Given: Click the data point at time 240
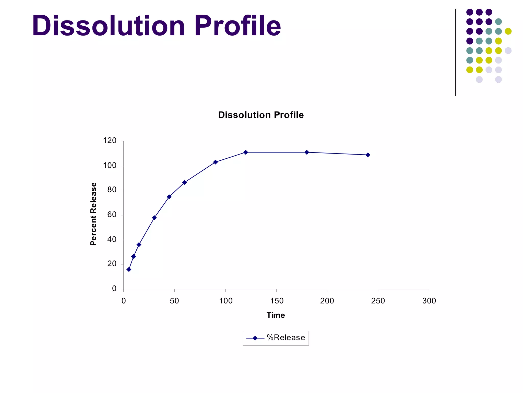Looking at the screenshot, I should [x=368, y=155].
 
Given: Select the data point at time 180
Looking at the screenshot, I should [x=307, y=152].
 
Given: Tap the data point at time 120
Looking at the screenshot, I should [x=246, y=152].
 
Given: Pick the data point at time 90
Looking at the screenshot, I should [x=215, y=162].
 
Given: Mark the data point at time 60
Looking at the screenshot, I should [x=184, y=182].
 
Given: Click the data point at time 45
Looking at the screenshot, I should [x=169, y=197].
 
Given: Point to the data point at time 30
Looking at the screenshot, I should [x=154, y=218].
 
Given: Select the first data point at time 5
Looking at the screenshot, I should [x=129, y=269].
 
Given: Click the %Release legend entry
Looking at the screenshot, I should [x=276, y=338].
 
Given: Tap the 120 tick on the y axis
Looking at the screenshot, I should [x=110, y=141].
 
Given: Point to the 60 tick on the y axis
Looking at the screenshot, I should [x=112, y=215].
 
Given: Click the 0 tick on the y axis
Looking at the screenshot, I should [x=114, y=289].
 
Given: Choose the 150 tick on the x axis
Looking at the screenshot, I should [x=277, y=301].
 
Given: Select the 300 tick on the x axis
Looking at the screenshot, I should [x=429, y=301].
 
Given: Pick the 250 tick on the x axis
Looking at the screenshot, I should [x=378, y=301].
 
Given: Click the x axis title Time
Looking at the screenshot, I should [x=276, y=315].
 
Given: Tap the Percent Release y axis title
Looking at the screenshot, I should [x=93, y=214].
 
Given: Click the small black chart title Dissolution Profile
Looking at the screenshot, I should [x=261, y=115].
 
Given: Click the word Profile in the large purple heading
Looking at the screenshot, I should [x=237, y=26].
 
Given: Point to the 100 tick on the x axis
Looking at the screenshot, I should [x=226, y=301].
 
